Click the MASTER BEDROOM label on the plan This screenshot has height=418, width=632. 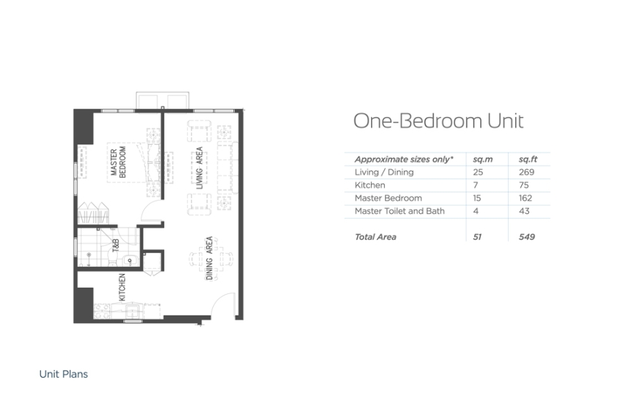(x=118, y=162)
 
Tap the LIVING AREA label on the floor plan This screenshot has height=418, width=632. (x=199, y=169)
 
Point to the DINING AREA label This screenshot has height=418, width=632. (x=210, y=258)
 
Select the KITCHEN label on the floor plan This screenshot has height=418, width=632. (x=122, y=287)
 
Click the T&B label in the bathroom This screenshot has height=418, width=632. (x=116, y=246)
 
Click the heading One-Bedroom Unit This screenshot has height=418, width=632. (x=438, y=121)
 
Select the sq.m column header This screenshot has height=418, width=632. (x=482, y=160)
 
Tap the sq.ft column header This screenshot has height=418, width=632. (x=528, y=160)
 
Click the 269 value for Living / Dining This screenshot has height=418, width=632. (x=526, y=172)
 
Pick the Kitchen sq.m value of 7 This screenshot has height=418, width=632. (x=475, y=185)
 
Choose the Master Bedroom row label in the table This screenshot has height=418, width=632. (x=388, y=198)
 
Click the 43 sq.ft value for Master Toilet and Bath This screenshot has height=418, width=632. (x=524, y=211)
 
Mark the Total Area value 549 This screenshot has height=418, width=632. (x=526, y=237)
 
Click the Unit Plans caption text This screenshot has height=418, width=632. (x=63, y=374)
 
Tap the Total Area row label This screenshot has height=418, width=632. (x=375, y=237)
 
